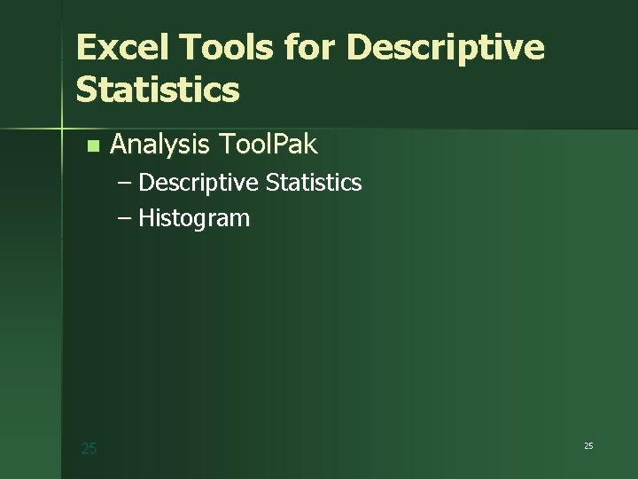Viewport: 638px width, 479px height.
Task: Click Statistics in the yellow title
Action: [158, 90]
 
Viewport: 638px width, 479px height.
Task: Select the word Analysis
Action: [160, 145]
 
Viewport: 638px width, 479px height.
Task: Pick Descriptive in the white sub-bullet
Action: [198, 184]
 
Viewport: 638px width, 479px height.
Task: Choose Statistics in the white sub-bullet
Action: [314, 183]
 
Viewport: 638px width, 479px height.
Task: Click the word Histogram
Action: [194, 219]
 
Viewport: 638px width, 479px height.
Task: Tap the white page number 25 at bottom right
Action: [588, 445]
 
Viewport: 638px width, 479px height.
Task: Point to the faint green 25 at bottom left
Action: [89, 449]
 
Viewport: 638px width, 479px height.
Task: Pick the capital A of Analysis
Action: [119, 145]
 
